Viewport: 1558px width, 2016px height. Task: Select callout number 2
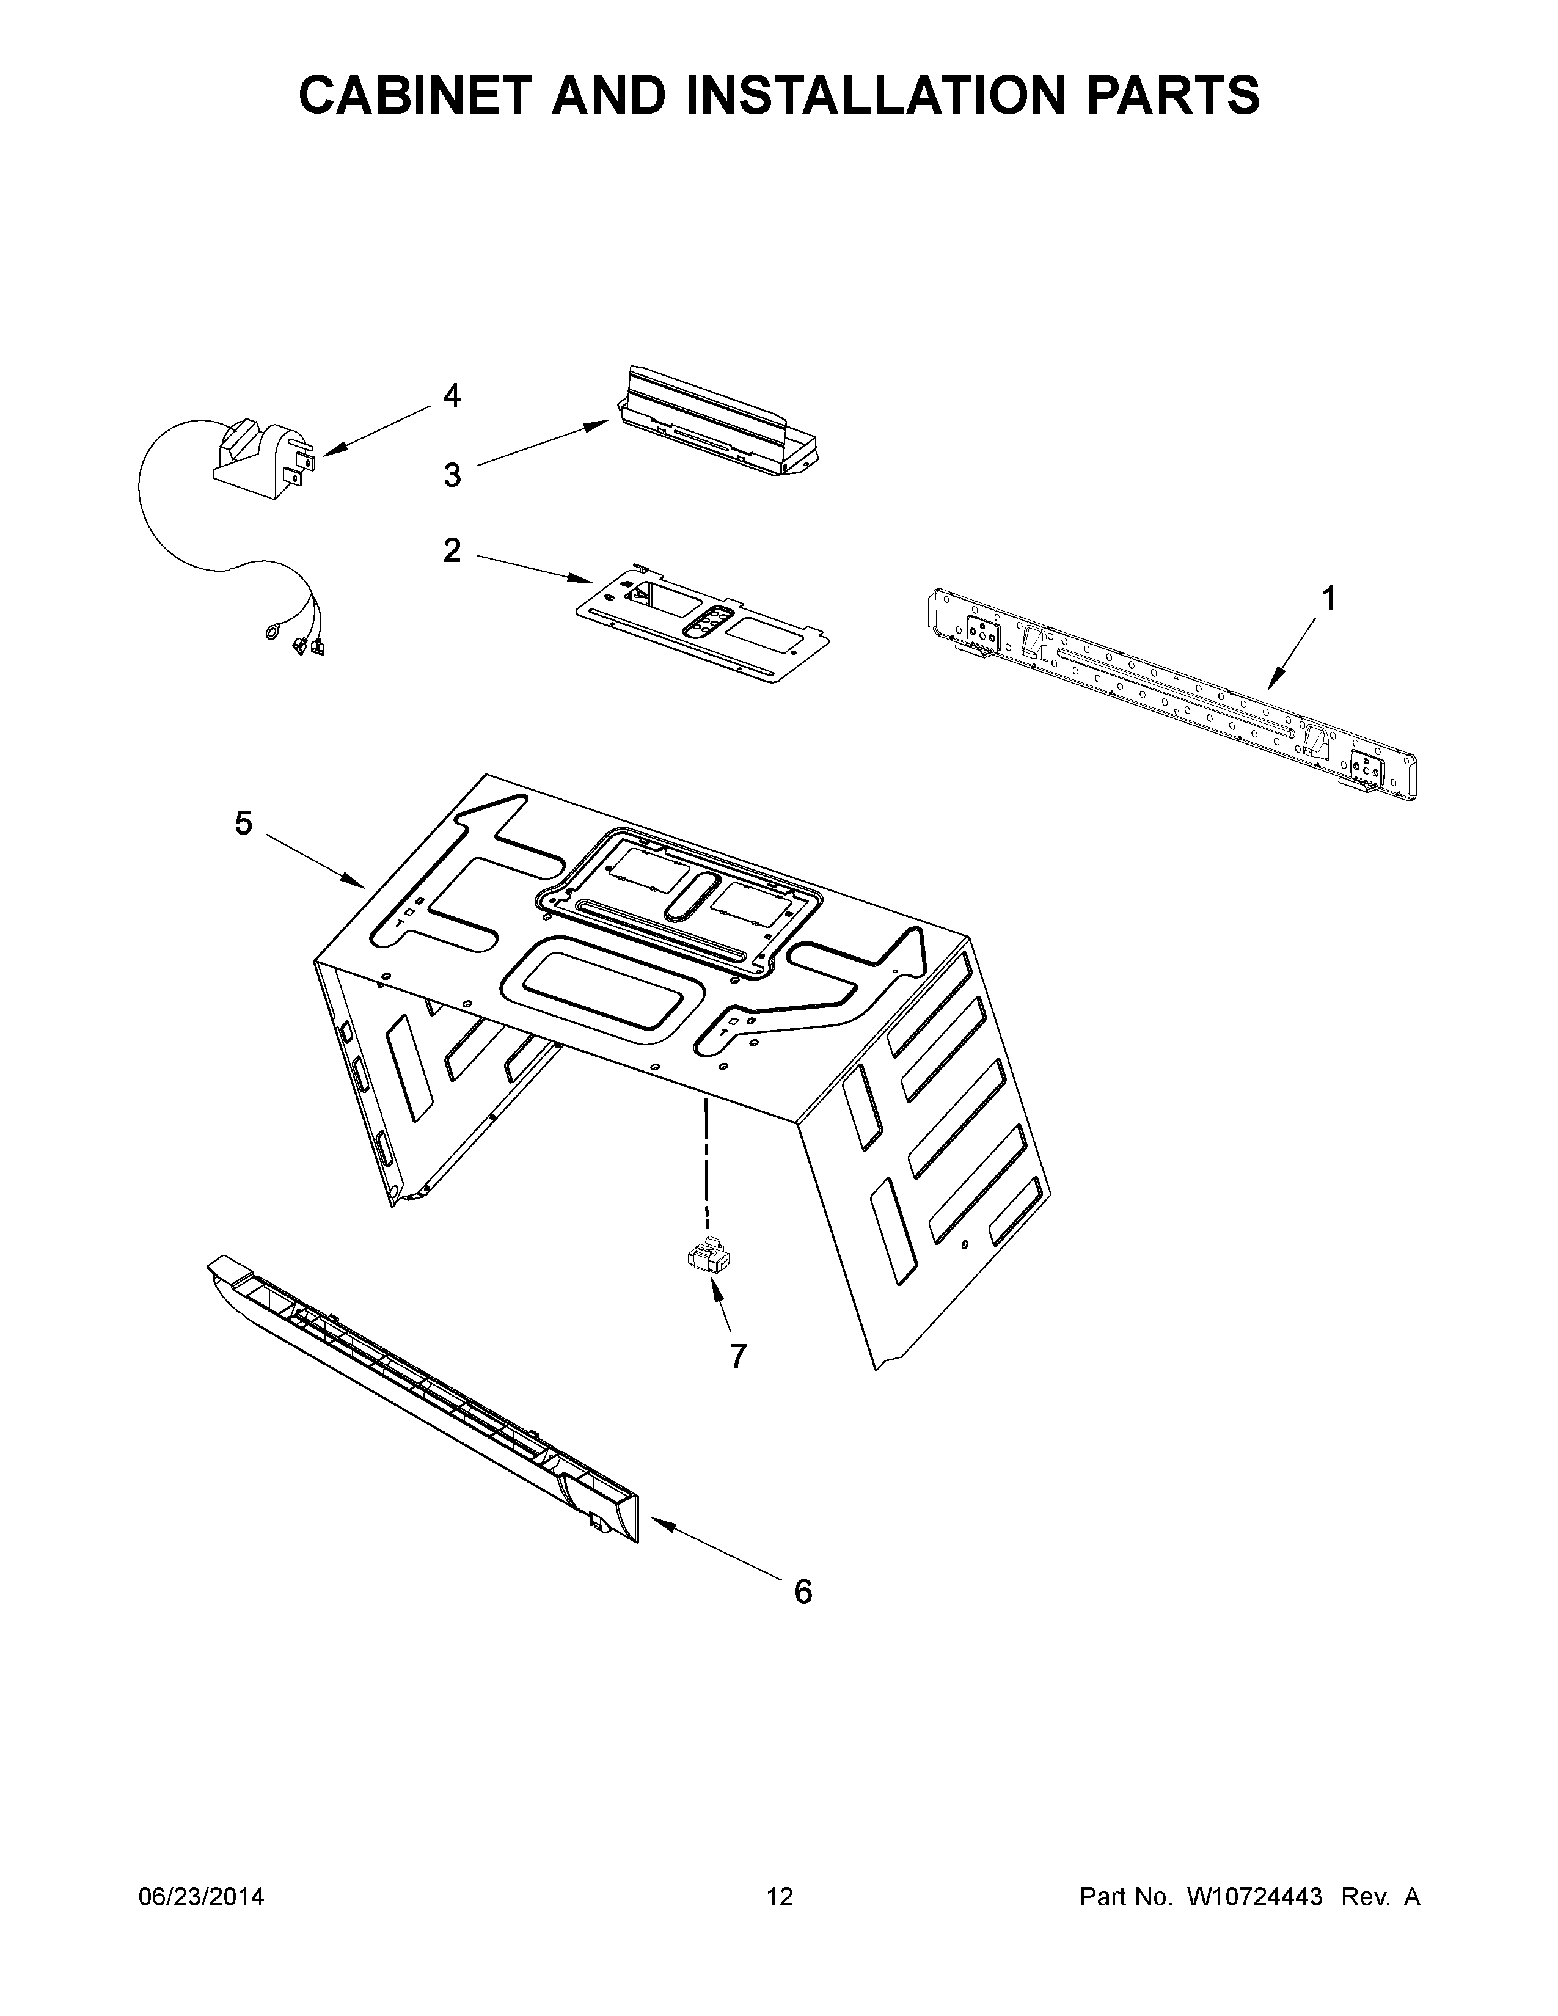(x=452, y=551)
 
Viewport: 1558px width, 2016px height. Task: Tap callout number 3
(x=452, y=475)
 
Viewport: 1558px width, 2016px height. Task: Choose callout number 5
(x=243, y=822)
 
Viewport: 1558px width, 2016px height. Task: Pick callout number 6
(x=803, y=1591)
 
